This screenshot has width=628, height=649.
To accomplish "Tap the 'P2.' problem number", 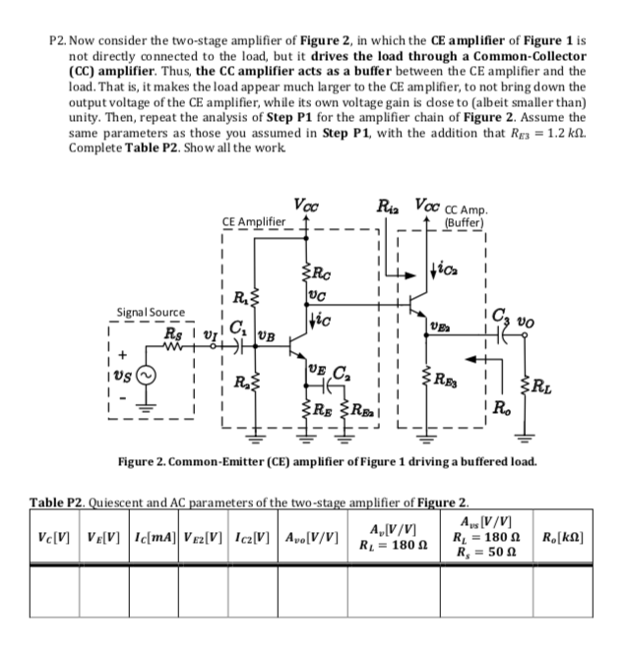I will pos(60,43).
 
